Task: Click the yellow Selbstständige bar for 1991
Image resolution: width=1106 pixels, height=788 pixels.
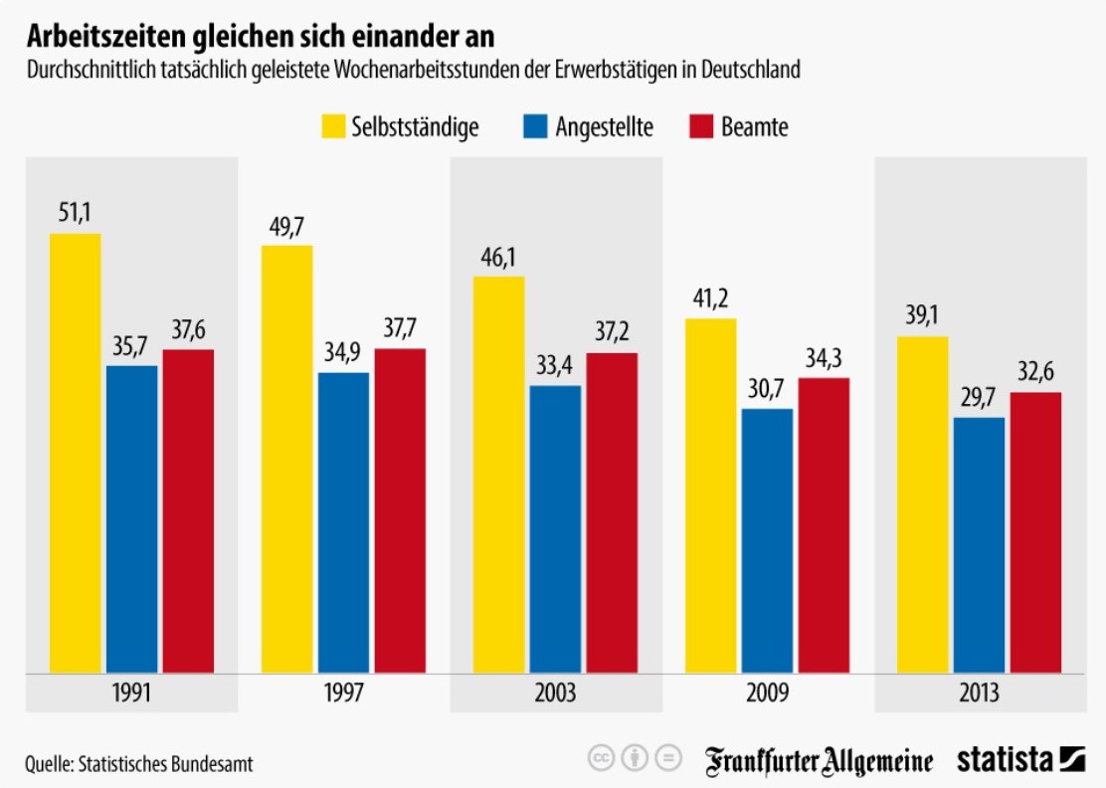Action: tap(76, 453)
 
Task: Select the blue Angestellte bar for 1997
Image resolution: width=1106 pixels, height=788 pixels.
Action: tap(343, 522)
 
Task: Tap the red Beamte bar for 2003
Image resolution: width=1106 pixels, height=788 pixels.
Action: tap(612, 512)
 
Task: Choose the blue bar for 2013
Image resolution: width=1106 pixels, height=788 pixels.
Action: tap(979, 544)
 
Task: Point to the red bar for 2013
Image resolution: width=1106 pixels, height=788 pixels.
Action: tap(1035, 532)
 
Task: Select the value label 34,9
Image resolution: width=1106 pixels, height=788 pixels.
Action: tap(343, 353)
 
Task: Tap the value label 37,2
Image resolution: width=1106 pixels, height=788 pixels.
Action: tap(612, 332)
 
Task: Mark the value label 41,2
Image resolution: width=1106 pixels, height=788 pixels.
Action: tap(711, 298)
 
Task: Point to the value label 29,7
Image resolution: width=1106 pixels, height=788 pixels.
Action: tap(979, 397)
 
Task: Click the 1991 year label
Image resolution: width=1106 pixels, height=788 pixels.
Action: tap(131, 692)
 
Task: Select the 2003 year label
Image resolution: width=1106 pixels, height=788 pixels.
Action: tap(555, 692)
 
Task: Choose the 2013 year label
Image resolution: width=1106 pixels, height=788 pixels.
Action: tap(979, 692)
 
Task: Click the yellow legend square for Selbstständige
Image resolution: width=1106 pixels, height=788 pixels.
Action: tap(331, 126)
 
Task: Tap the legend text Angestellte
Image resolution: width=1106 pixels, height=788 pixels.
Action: tap(604, 127)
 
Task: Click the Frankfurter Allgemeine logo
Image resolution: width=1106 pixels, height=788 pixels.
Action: tap(820, 761)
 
